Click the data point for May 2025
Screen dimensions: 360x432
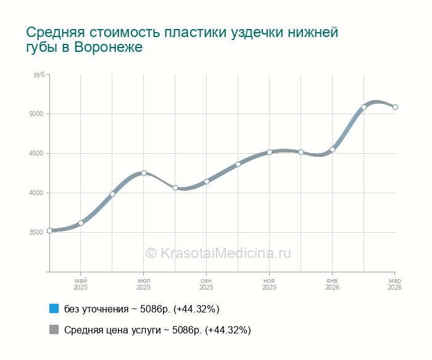click(81, 223)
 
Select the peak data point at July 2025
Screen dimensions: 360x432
click(144, 173)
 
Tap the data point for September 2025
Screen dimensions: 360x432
click(207, 182)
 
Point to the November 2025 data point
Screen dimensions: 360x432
click(270, 152)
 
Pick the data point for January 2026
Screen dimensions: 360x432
click(333, 149)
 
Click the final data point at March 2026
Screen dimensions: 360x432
click(395, 107)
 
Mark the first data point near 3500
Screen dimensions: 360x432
click(49, 230)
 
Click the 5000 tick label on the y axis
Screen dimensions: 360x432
click(35, 114)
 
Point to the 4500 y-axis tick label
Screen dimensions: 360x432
click(35, 154)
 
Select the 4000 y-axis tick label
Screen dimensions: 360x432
click(35, 193)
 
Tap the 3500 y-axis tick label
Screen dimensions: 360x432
click(35, 233)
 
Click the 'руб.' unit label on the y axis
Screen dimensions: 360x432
click(39, 75)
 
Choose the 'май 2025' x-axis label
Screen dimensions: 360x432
click(81, 284)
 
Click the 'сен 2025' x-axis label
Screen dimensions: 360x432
click(207, 284)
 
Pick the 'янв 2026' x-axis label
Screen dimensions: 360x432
click(333, 284)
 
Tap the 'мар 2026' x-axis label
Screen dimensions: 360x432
click(394, 284)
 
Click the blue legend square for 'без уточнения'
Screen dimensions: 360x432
click(54, 309)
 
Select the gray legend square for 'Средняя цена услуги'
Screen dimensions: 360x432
click(54, 330)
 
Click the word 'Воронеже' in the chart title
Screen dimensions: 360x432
click(108, 48)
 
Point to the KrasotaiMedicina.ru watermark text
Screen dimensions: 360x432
click(218, 253)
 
